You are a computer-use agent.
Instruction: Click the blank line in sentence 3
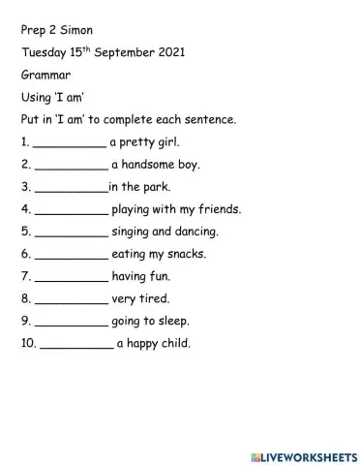[x=70, y=190]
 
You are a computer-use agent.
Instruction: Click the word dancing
[x=195, y=232]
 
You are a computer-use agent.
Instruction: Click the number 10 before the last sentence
[x=26, y=343]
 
